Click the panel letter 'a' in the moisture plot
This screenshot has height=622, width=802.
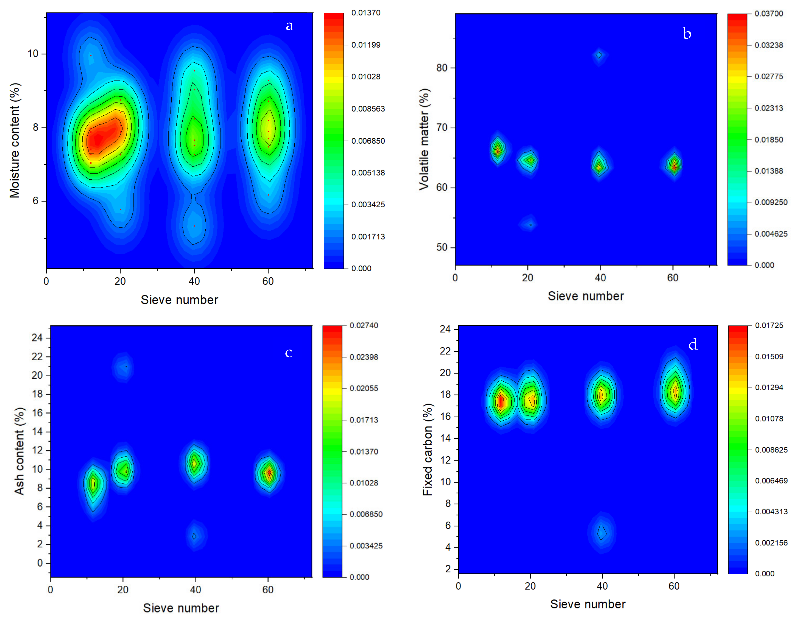pos(289,26)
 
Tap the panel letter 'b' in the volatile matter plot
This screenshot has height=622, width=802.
pos(687,34)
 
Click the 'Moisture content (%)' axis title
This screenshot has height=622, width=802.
pos(15,140)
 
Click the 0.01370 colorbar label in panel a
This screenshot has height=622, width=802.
pos(366,13)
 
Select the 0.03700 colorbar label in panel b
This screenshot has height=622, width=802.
pos(769,13)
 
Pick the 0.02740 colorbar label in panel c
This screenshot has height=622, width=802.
pos(364,325)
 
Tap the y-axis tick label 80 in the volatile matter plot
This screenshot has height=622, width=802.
pos(442,68)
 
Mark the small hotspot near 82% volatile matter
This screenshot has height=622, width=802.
pos(599,55)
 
